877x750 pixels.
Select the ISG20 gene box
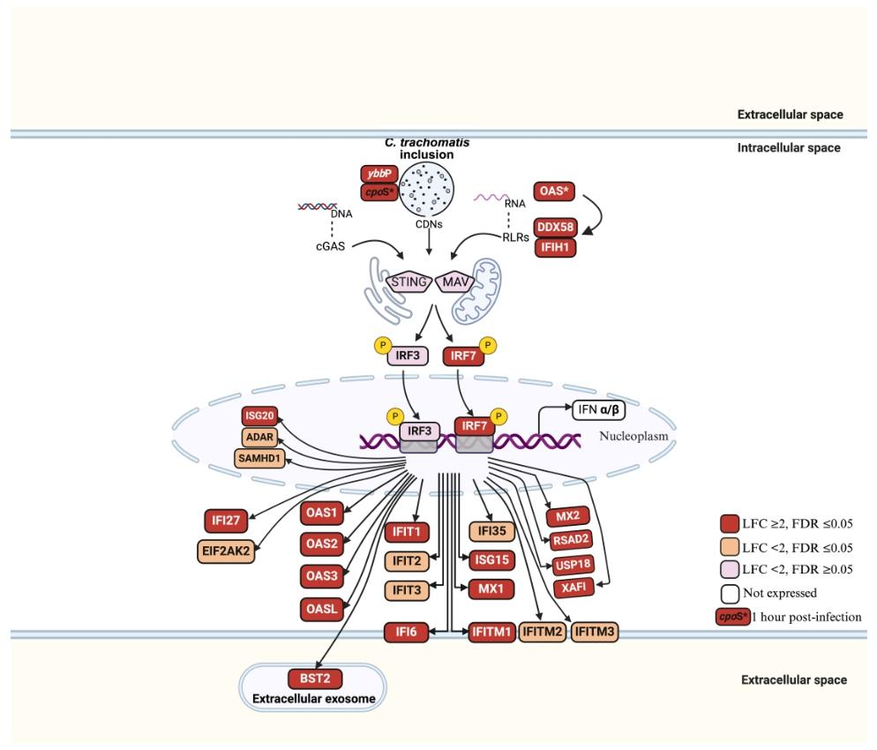(x=258, y=416)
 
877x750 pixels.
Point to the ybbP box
(x=378, y=175)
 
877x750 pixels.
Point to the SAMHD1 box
(x=257, y=456)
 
